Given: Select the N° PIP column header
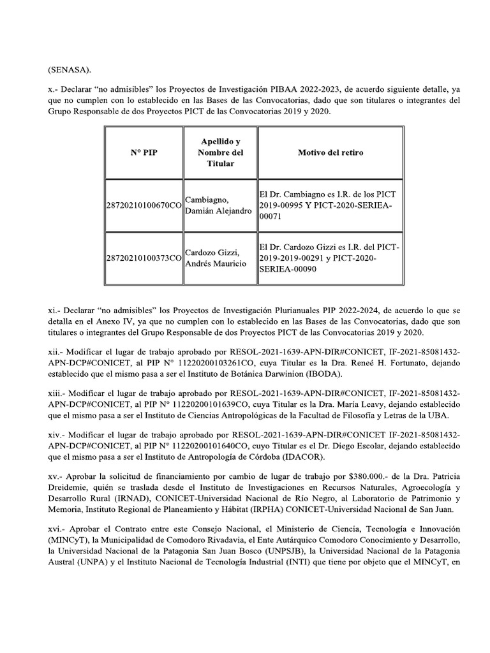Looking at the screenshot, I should point(144,153).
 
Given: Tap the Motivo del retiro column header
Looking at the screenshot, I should point(330,153).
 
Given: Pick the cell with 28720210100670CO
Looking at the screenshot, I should point(144,205).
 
